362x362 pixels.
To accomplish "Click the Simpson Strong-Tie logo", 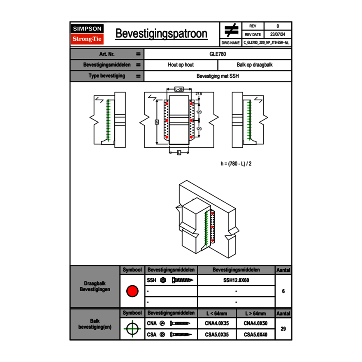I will pyautogui.click(x=88, y=34).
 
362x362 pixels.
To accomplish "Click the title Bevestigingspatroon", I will pyautogui.click(x=161, y=34).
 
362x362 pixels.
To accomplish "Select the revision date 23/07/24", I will pyautogui.click(x=278, y=35).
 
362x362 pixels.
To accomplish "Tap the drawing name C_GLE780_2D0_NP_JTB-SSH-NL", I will pyautogui.click(x=267, y=42).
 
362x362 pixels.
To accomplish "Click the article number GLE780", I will pyautogui.click(x=218, y=54).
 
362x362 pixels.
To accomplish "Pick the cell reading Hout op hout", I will pyautogui.click(x=181, y=65).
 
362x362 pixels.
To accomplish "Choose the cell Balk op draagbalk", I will pyautogui.click(x=254, y=65).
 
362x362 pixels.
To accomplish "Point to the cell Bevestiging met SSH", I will pyautogui.click(x=218, y=76).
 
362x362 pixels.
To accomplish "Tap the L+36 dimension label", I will pyautogui.click(x=179, y=89).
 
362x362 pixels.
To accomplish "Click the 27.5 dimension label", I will pyautogui.click(x=199, y=94).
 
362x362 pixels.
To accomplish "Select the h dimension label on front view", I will pyautogui.click(x=157, y=122).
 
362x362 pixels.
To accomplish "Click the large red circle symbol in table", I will pyautogui.click(x=132, y=291).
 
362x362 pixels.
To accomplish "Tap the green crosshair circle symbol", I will pyautogui.click(x=132, y=329).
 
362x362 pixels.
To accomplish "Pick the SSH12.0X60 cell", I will pyautogui.click(x=236, y=280).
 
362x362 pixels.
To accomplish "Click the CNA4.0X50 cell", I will pyautogui.click(x=255, y=323).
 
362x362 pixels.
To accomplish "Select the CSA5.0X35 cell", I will pyautogui.click(x=216, y=334).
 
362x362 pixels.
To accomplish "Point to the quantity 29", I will pyautogui.click(x=283, y=329).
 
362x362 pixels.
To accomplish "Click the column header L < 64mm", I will pyautogui.click(x=216, y=313).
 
